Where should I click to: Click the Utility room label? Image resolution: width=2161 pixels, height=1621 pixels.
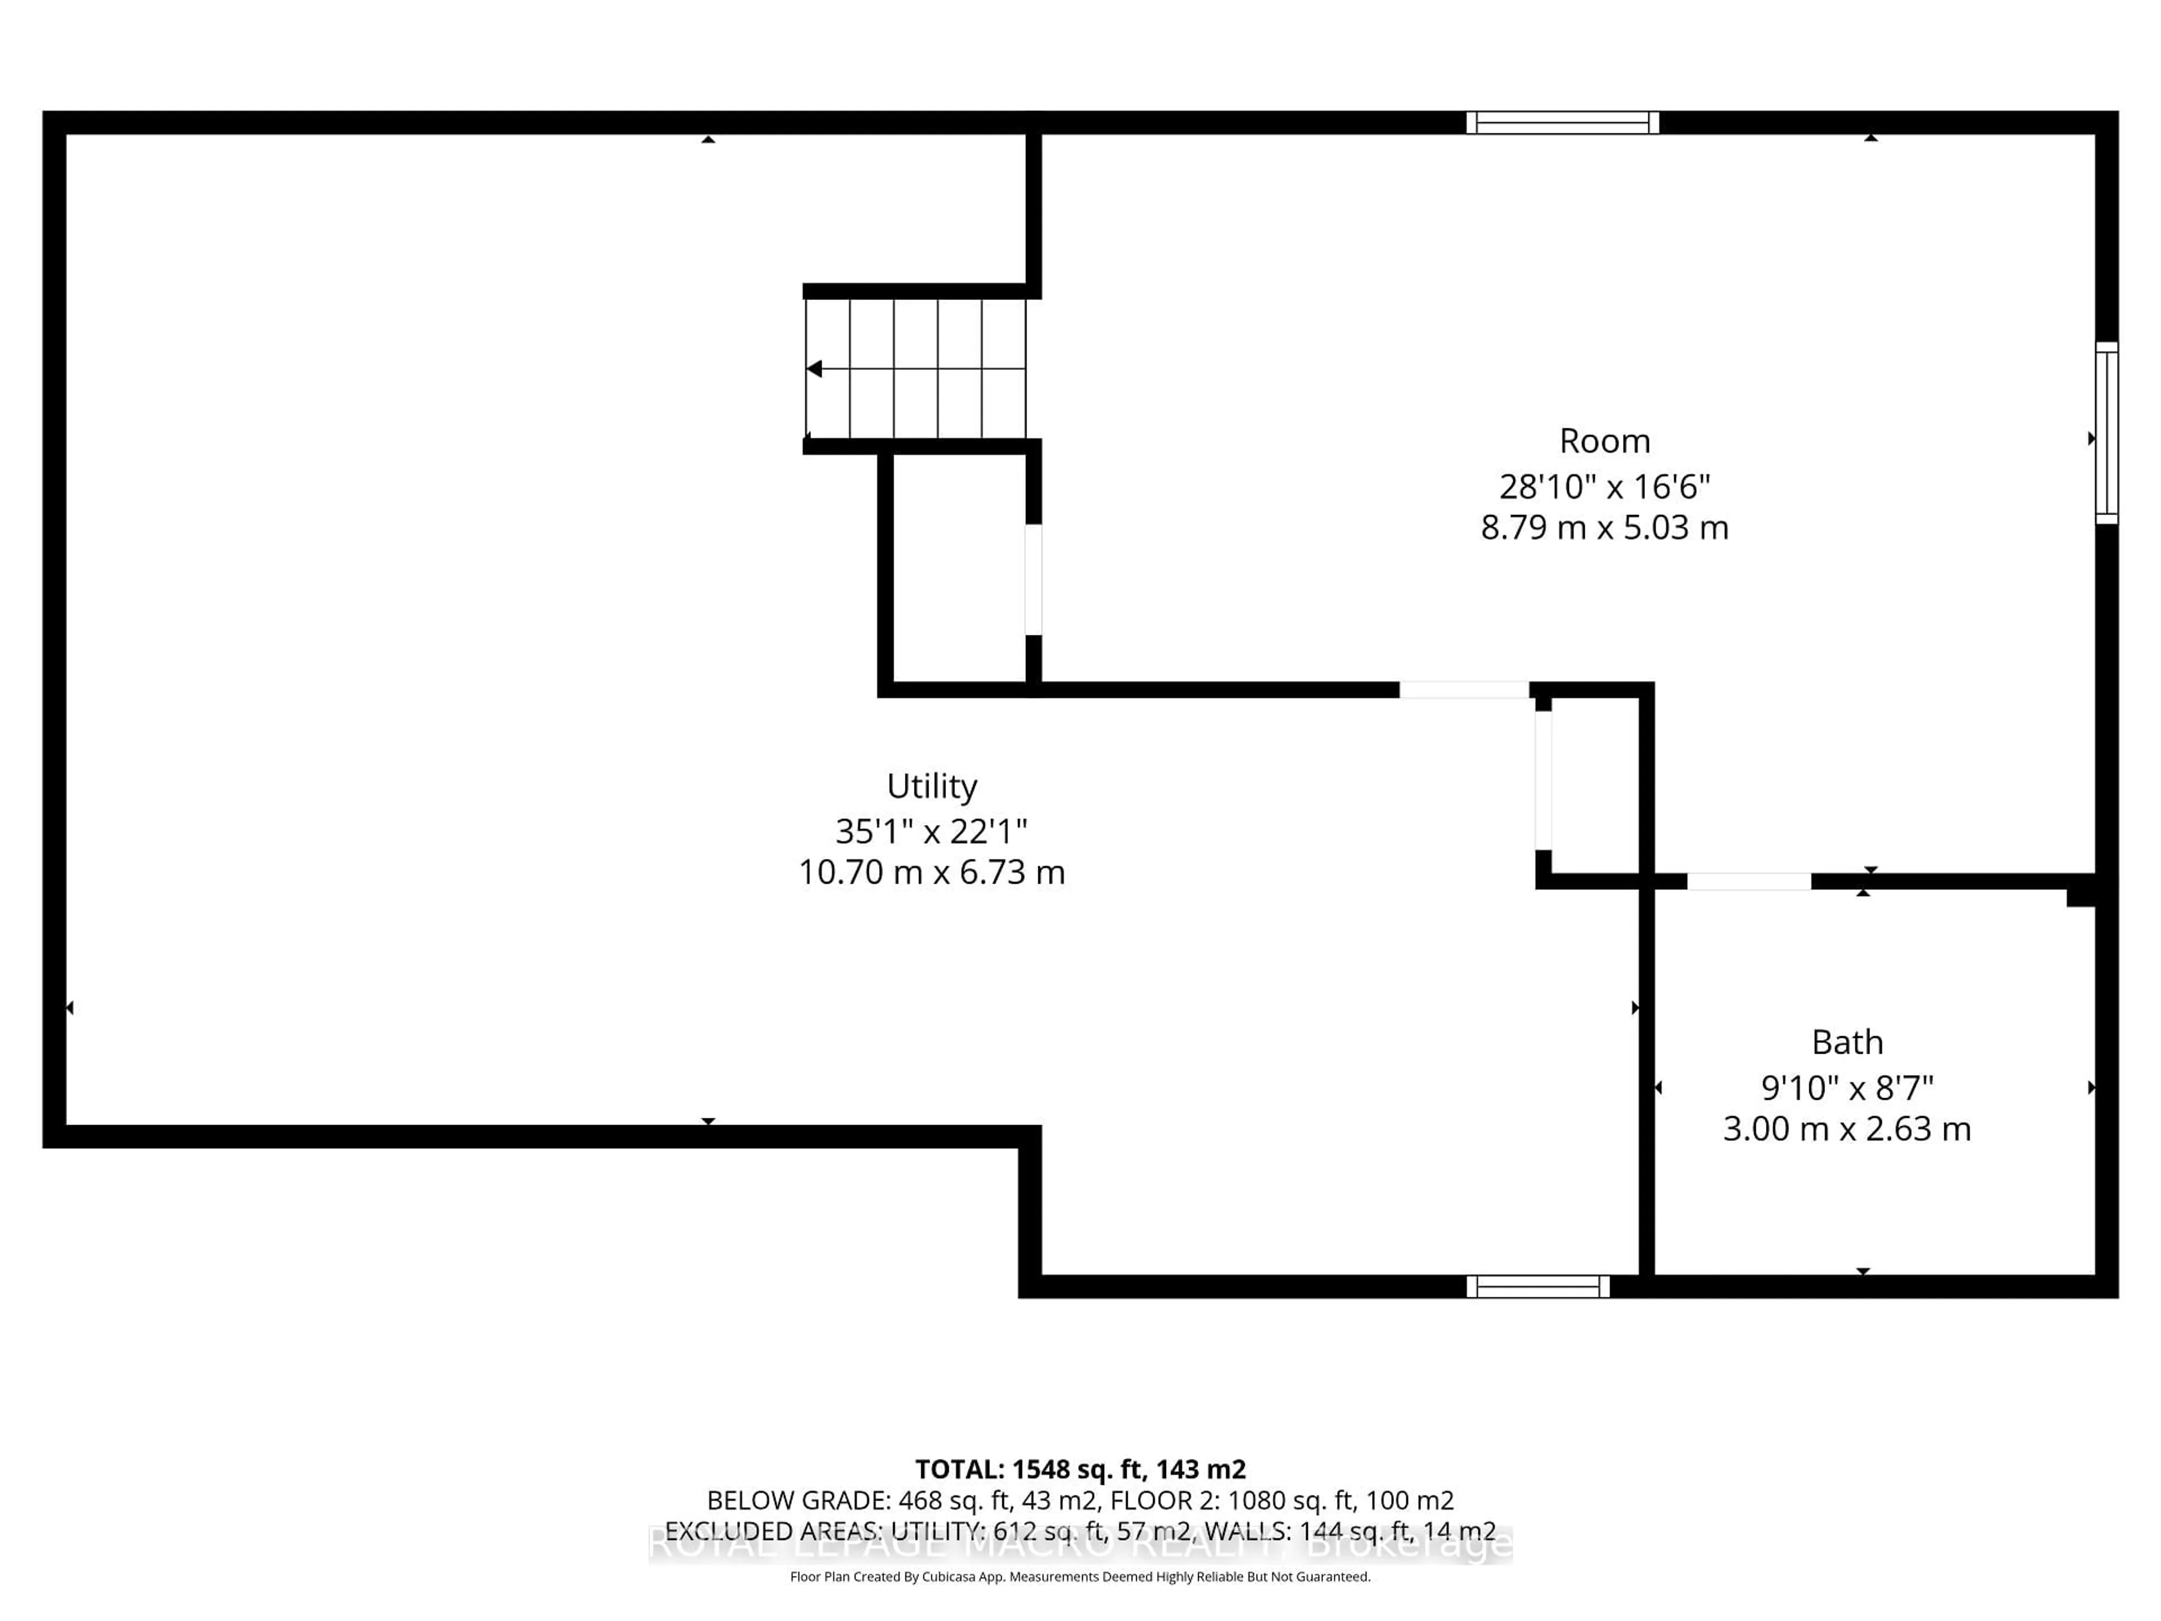coord(931,786)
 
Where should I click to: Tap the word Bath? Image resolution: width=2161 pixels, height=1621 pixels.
coord(1846,1042)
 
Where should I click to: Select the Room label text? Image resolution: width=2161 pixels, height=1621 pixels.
coord(1604,441)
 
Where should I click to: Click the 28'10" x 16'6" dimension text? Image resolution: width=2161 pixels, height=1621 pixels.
coord(1604,486)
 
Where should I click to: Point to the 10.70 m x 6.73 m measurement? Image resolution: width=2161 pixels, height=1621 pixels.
coord(931,871)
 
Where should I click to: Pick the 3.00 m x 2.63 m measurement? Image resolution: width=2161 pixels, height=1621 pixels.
coord(1846,1129)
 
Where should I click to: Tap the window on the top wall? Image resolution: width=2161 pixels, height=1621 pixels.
coord(1562,122)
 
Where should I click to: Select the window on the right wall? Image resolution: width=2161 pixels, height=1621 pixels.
coord(2106,433)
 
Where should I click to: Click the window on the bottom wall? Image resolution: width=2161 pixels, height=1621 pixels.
coord(1537,1286)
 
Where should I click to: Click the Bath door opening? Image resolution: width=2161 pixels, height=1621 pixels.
coord(1748,881)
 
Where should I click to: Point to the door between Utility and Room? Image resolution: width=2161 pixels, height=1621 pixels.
coord(1464,690)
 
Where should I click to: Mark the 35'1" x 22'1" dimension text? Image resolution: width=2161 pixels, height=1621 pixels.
coord(931,831)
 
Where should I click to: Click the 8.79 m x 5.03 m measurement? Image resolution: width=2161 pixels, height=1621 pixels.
coord(1604,527)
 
